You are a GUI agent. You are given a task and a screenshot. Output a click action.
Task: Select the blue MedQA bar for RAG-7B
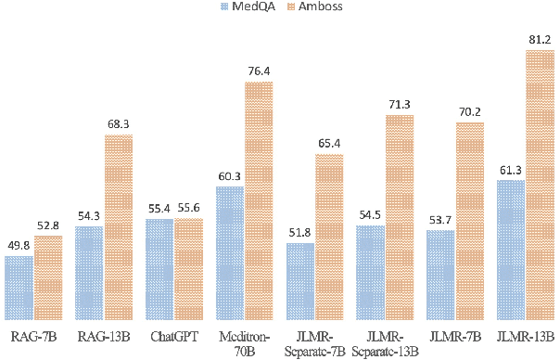pos(19,288)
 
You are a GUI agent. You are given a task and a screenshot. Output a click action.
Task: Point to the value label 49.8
pos(19,246)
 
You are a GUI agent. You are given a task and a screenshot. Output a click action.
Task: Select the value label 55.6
pos(188,210)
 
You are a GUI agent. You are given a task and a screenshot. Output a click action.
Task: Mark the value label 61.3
pos(511,171)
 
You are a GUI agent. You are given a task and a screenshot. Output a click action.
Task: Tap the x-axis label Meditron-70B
pos(244,342)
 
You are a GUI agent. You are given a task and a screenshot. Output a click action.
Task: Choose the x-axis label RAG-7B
pos(33,336)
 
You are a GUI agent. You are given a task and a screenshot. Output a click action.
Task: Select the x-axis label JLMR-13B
pos(525,336)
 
